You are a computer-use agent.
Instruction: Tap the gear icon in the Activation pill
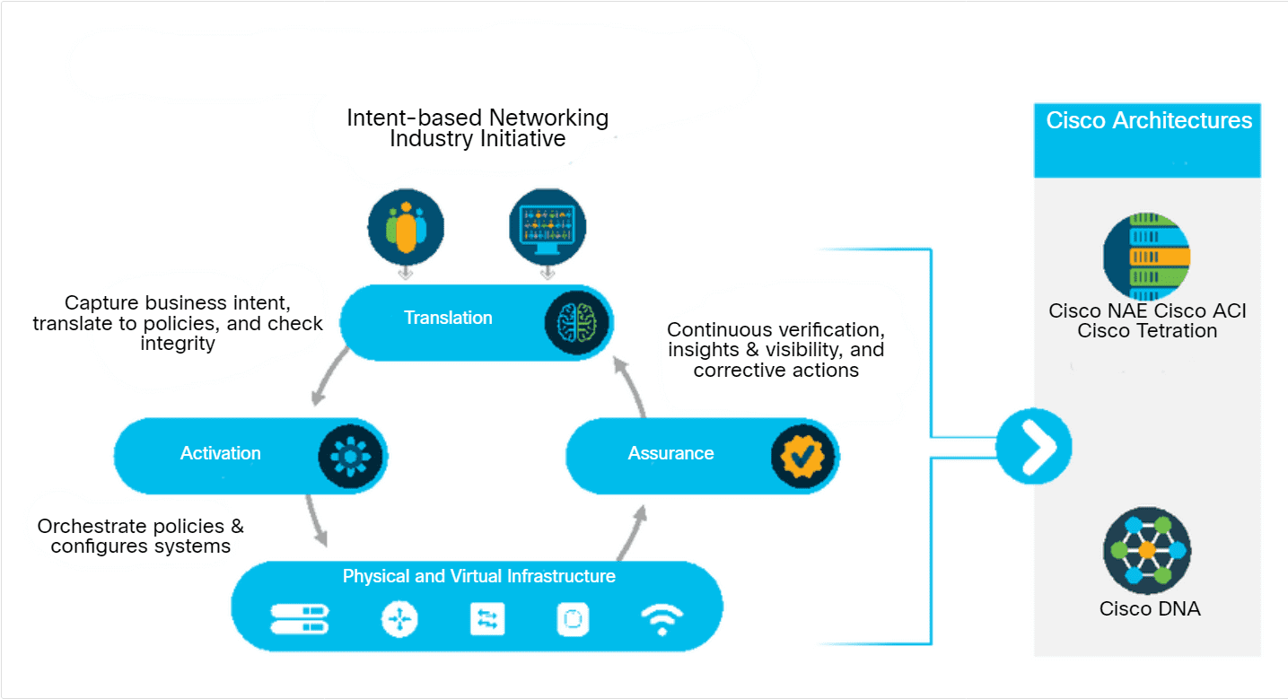pos(350,456)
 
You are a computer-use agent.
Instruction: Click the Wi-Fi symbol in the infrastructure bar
pos(662,619)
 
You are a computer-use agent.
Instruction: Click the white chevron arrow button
pos(1034,446)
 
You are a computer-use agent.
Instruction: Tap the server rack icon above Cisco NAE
pos(1146,257)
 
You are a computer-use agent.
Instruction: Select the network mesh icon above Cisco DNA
pos(1146,550)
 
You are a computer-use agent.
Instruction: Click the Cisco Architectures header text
pos(1149,121)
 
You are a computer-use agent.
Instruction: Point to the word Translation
pos(448,318)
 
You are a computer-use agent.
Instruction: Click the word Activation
pos(220,453)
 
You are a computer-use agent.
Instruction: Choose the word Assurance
pos(670,453)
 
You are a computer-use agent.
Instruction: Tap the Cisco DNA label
pos(1150,608)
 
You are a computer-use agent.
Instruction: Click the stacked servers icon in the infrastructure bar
pos(300,617)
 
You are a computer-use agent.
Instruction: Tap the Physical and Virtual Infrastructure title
pos(479,576)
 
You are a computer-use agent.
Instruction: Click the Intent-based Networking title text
pos(478,128)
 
